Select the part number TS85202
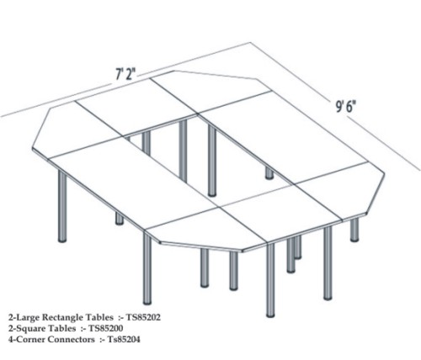click(x=143, y=317)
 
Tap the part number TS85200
click(x=105, y=328)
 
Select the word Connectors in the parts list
click(x=72, y=340)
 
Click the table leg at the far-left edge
click(x=62, y=206)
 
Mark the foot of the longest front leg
click(x=270, y=315)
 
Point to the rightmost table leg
click(x=354, y=230)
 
